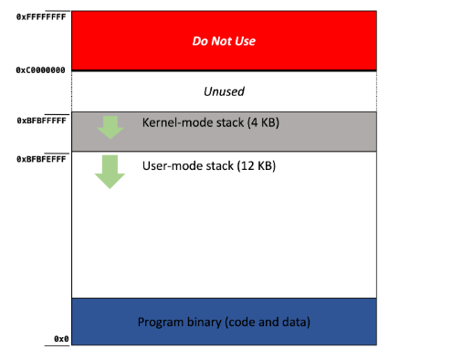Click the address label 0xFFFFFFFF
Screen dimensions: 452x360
41,16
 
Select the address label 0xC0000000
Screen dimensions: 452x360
40,70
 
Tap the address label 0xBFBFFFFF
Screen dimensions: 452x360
41,121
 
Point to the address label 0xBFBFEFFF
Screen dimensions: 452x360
41,159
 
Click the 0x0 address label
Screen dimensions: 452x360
61,339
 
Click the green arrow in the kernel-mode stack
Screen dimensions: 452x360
110,127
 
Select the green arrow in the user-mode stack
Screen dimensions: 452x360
110,172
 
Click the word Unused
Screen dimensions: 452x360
224,91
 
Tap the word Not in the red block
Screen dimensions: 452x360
221,41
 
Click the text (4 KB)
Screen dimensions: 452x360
263,122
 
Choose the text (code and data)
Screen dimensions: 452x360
268,323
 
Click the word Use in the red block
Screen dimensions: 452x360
245,41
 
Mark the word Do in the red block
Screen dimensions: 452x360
200,41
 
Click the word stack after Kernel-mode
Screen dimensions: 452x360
229,122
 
